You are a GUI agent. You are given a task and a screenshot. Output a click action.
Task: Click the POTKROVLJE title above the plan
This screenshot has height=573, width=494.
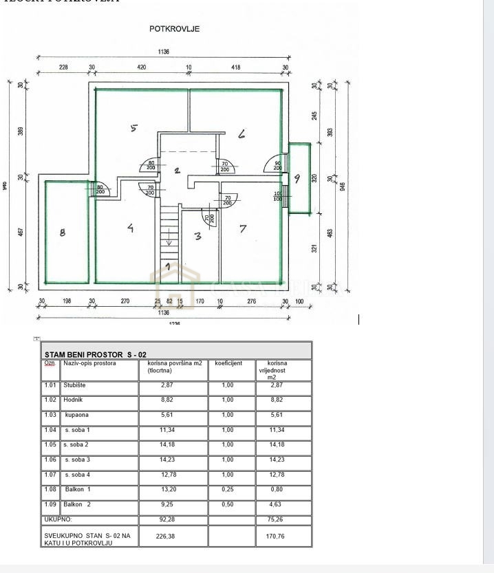click(175, 29)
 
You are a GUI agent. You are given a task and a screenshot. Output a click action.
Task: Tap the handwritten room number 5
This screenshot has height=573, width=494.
click(134, 127)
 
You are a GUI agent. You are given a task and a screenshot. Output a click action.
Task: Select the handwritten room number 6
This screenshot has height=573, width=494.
click(241, 134)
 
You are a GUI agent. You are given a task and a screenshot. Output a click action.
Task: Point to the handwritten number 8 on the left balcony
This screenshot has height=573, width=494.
click(63, 233)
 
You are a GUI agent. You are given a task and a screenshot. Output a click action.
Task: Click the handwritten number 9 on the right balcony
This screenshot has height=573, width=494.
click(297, 178)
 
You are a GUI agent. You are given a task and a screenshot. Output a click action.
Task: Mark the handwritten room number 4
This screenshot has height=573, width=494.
click(130, 228)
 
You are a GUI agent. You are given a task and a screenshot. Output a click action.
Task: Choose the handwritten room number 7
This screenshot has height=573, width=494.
click(243, 229)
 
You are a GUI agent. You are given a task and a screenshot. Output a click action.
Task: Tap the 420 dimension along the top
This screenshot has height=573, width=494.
click(142, 67)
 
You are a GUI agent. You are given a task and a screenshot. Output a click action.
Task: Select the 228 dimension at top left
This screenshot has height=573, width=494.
click(63, 67)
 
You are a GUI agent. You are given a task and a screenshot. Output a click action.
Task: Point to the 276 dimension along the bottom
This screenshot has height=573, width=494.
click(251, 301)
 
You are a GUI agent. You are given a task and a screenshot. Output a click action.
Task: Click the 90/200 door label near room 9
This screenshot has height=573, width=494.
click(277, 166)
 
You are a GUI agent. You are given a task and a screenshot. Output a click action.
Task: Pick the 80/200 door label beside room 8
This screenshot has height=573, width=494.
click(100, 189)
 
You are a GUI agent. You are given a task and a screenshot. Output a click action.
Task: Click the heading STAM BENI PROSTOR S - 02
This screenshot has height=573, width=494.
click(95, 355)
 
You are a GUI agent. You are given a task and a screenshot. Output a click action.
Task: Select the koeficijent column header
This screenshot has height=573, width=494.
click(228, 363)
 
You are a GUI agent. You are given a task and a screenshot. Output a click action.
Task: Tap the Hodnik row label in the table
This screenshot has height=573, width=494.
click(73, 400)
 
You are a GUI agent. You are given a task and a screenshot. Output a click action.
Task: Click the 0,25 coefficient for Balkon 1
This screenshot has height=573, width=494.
click(228, 490)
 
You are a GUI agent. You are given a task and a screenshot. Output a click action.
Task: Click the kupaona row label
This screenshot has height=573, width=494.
click(77, 415)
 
